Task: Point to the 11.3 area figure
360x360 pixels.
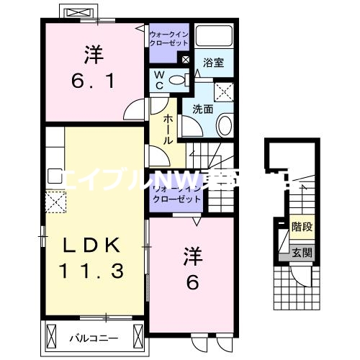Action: (90, 271)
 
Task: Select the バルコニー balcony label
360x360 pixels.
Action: (94, 337)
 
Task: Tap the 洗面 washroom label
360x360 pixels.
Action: (202, 109)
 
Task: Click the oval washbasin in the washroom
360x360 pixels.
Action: (225, 127)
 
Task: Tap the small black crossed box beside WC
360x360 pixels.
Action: (186, 60)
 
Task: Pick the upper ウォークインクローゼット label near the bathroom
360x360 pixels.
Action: (168, 38)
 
